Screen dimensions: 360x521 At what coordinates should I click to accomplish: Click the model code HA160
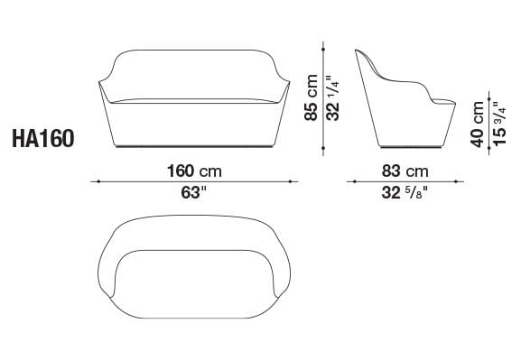point(43,139)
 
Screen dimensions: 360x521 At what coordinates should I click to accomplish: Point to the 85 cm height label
point(312,97)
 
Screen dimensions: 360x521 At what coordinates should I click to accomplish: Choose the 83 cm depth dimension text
point(404,171)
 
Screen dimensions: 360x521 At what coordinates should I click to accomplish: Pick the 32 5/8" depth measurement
point(404,191)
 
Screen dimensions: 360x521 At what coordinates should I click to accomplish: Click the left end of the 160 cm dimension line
point(93,181)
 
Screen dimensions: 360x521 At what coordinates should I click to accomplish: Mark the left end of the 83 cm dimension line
point(349,181)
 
